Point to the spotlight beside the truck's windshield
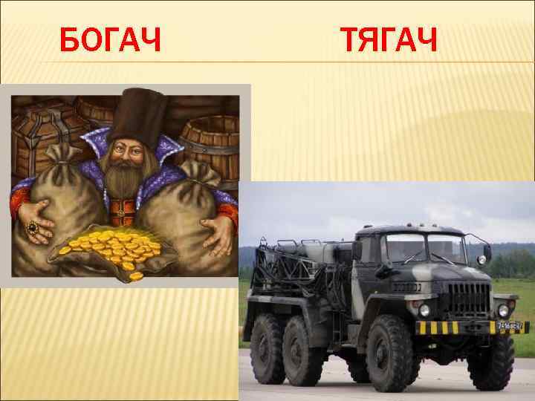[486, 253]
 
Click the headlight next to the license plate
[503, 310]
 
